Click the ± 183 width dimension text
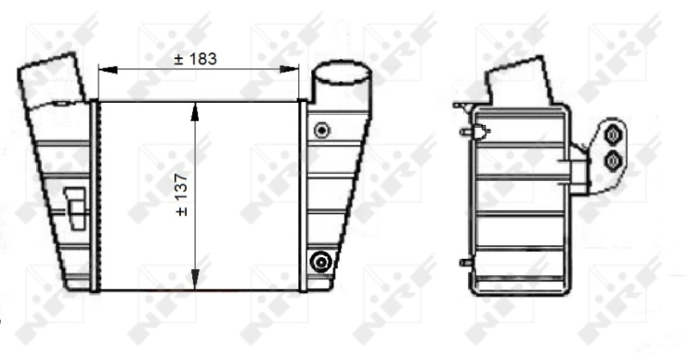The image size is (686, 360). (196, 58)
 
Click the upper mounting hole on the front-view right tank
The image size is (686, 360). (322, 130)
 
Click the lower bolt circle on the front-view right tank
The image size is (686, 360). (322, 261)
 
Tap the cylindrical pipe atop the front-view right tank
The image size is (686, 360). (343, 84)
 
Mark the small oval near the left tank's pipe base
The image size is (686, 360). (62, 105)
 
